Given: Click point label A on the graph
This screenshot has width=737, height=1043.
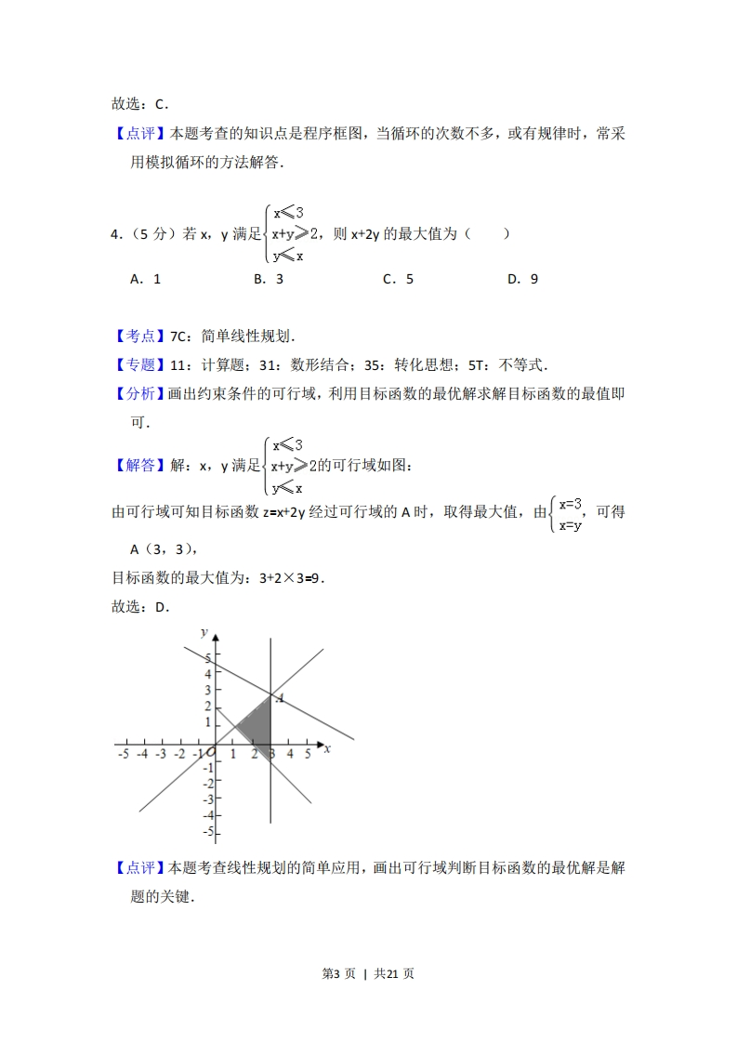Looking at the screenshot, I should click(x=280, y=697).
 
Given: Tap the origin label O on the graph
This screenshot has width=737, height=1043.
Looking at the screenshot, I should click(x=212, y=752).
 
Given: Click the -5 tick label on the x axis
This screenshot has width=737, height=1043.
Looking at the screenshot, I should click(x=124, y=754).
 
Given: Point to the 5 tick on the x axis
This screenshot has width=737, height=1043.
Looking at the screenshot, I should click(x=308, y=754).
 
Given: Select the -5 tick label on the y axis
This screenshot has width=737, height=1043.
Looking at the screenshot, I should click(x=209, y=830).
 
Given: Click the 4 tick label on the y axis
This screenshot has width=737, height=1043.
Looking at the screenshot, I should click(x=208, y=673).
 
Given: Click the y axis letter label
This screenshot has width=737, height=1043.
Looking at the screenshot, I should click(x=204, y=632).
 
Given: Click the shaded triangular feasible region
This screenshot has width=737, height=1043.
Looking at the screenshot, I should click(x=258, y=723).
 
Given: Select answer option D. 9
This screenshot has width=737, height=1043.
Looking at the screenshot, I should click(x=522, y=279).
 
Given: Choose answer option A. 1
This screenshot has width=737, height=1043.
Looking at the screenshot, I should click(x=146, y=279).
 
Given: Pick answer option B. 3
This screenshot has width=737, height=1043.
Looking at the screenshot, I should click(x=269, y=279).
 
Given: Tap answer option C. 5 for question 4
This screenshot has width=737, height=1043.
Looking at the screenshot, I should click(x=398, y=279).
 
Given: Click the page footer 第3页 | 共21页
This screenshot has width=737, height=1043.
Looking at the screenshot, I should click(x=368, y=973).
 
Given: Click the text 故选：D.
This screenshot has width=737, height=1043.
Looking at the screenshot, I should click(x=141, y=607).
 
